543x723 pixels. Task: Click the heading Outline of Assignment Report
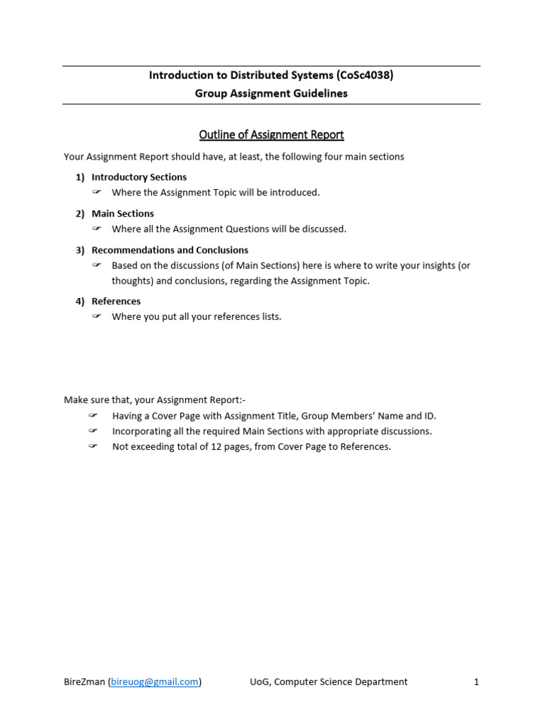pos(271,135)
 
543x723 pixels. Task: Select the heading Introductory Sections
pos(139,177)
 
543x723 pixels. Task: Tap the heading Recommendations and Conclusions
pos(170,250)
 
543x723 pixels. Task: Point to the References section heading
pos(117,301)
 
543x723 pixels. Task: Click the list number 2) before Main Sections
pos(80,213)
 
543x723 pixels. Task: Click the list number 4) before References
pos(80,301)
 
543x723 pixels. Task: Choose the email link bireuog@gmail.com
pos(155,682)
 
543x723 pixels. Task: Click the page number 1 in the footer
pos(477,682)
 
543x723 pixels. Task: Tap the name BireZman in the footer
pos(84,682)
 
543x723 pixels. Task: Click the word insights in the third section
pos(436,265)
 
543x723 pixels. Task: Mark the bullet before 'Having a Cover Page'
pos(93,416)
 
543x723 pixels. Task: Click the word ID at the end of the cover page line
pos(430,416)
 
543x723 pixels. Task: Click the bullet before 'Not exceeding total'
pos(93,447)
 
